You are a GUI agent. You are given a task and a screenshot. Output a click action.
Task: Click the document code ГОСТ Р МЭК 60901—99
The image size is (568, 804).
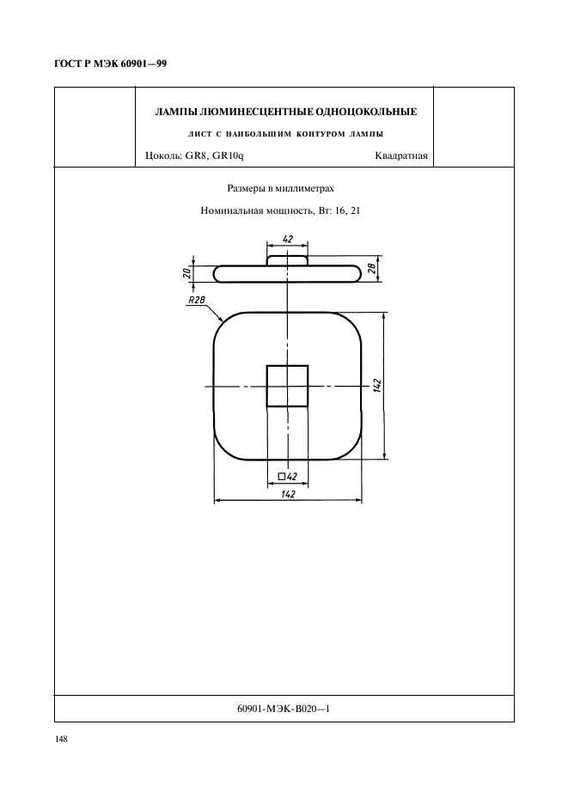[110, 64]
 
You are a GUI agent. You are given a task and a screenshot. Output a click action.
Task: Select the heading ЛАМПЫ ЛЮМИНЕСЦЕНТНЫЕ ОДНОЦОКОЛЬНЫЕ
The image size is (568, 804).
[286, 112]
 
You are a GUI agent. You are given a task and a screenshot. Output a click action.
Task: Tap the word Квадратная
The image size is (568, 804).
[401, 155]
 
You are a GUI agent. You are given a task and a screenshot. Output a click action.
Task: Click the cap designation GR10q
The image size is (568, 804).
[228, 155]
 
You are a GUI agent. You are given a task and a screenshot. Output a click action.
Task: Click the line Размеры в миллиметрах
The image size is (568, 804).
[281, 189]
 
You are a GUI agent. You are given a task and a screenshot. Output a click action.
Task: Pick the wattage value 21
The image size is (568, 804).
[355, 210]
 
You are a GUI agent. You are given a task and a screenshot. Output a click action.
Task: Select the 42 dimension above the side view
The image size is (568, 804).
[287, 239]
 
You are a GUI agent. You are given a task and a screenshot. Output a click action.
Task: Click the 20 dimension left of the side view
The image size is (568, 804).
[188, 273]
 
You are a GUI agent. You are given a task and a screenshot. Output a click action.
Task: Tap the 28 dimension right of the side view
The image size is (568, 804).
[373, 268]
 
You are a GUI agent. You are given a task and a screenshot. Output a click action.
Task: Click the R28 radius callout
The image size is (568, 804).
[196, 301]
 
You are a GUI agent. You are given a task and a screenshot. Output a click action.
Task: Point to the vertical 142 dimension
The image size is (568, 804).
[377, 386]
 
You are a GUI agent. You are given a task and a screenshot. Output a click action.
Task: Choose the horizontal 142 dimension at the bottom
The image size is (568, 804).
[288, 494]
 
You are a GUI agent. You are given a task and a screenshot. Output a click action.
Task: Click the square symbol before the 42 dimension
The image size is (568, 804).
[281, 477]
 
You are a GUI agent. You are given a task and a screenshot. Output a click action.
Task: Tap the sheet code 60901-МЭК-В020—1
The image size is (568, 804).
[284, 709]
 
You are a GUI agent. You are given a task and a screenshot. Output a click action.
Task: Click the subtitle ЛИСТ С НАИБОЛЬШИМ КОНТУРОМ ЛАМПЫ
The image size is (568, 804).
[286, 134]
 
